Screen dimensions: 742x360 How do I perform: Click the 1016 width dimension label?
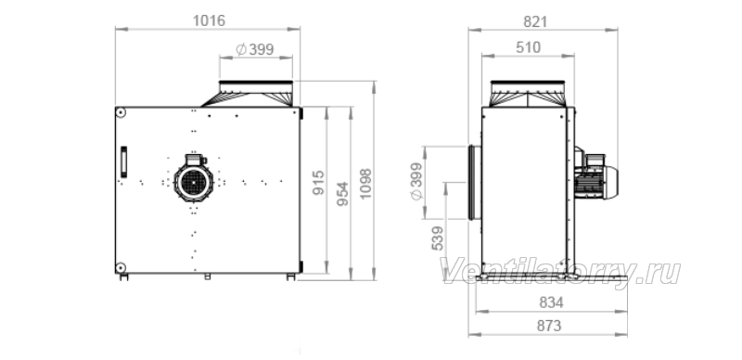(209, 20)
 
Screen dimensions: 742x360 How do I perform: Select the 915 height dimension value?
(319, 183)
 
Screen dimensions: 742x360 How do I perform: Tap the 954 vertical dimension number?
(342, 194)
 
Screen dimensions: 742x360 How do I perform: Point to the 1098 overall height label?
(365, 184)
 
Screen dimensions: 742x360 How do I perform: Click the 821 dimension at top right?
(535, 21)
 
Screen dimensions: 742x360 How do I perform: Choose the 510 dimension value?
(528, 47)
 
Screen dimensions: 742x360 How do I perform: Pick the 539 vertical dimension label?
(438, 238)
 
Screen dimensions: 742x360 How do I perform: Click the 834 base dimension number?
(551, 302)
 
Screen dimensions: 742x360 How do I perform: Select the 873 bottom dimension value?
(549, 326)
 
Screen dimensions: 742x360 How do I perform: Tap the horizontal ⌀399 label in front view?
(254, 49)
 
